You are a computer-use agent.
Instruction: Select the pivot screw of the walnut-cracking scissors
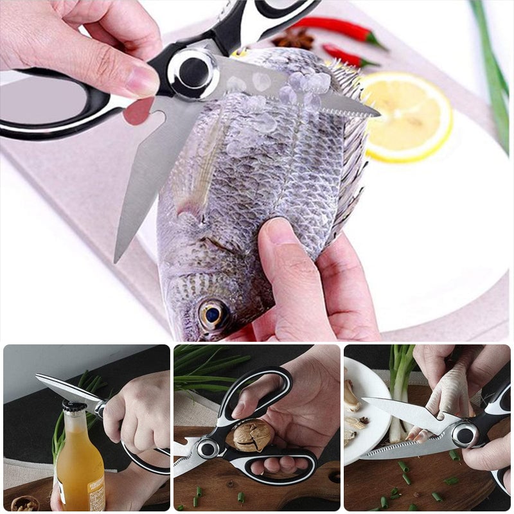(x=208, y=448)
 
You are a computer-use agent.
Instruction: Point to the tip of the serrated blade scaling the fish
(x=378, y=115)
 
